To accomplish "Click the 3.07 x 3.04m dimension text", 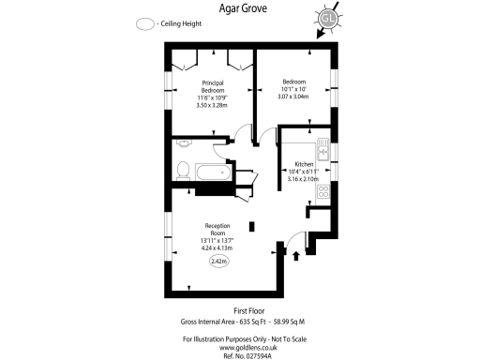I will pyautogui.click(x=293, y=97).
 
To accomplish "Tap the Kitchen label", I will pyautogui.click(x=303, y=164).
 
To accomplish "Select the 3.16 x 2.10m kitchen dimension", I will pyautogui.click(x=302, y=178).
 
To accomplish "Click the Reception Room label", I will pyautogui.click(x=217, y=230).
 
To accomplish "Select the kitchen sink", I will pyautogui.click(x=322, y=151).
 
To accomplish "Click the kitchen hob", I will pyautogui.click(x=322, y=191).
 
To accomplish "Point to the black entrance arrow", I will pyautogui.click(x=297, y=253).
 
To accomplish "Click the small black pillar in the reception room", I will pyautogui.click(x=251, y=226).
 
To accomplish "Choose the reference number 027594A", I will pyautogui.click(x=255, y=354).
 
